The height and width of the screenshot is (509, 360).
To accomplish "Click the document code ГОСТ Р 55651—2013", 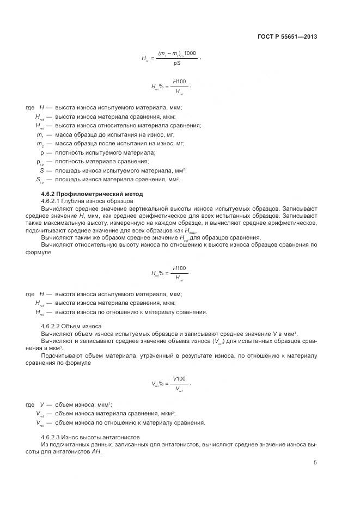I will (x=286, y=37).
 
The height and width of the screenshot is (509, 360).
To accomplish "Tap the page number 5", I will (x=315, y=463).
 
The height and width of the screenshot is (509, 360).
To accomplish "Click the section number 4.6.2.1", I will (x=52, y=201).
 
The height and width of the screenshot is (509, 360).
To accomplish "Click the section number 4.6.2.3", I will (x=52, y=437).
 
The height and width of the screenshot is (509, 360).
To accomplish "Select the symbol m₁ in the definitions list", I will (x=40, y=134).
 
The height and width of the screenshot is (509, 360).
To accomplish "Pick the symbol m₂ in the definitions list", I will (x=40, y=144).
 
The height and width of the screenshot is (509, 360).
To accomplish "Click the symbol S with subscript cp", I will (x=40, y=179).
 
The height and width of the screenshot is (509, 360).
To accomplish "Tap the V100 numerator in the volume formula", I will (x=179, y=378).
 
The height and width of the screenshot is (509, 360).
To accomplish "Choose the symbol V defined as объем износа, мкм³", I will (x=41, y=405).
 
